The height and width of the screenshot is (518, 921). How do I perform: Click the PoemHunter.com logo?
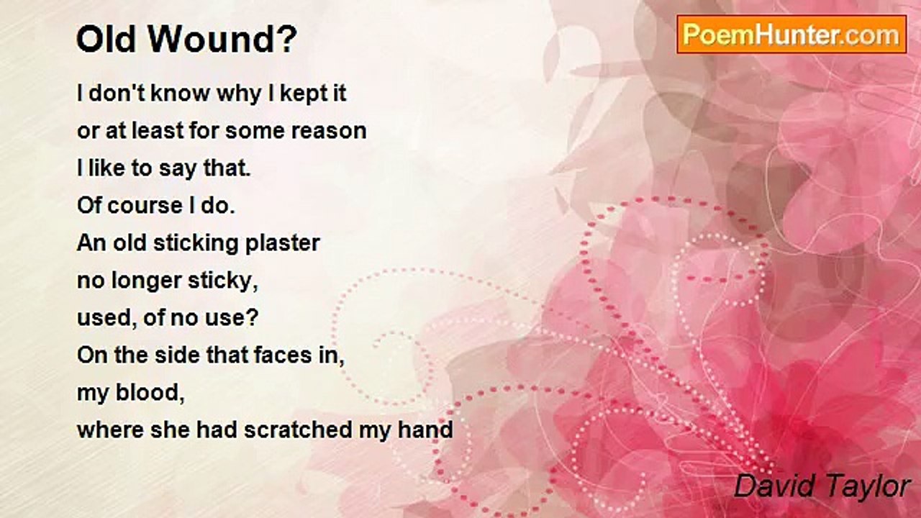pyautogui.click(x=791, y=35)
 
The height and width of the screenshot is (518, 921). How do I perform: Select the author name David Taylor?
pyautogui.click(x=822, y=486)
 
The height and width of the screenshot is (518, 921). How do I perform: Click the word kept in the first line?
pyautogui.click(x=299, y=94)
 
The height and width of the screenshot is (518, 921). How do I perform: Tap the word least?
pyautogui.click(x=158, y=131)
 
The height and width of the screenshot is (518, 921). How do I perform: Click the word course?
pyautogui.click(x=145, y=206)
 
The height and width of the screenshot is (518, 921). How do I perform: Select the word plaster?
pyautogui.click(x=283, y=243)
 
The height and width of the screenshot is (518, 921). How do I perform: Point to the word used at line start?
pyautogui.click(x=107, y=318)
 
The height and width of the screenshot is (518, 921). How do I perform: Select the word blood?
pyautogui.click(x=150, y=393)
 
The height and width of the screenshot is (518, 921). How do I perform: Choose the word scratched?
pyautogui.click(x=298, y=430)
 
